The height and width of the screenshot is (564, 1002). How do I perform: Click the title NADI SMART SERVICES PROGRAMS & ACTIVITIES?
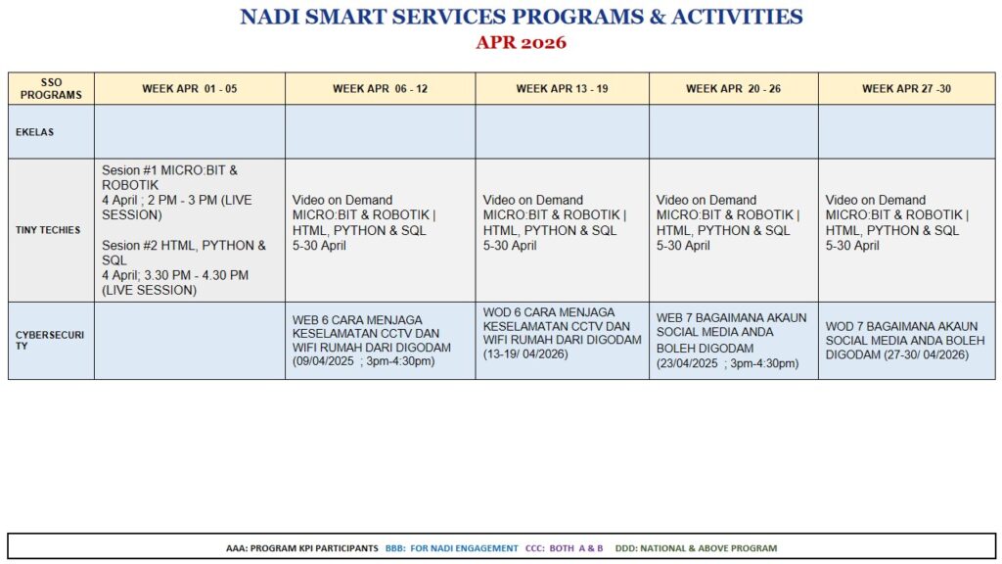click(521, 17)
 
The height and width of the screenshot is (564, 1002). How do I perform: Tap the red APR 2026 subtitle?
click(521, 43)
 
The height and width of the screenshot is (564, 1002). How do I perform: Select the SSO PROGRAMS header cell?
click(51, 89)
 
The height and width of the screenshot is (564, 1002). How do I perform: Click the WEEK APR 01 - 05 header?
click(189, 89)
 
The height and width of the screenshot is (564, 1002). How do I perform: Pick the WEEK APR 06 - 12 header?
click(381, 89)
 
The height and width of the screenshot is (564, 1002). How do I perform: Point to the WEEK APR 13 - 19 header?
click(563, 89)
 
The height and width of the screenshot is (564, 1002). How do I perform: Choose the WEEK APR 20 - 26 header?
click(734, 89)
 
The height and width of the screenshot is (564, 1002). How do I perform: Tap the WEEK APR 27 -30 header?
click(906, 89)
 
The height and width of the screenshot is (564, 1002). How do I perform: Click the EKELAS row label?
click(34, 132)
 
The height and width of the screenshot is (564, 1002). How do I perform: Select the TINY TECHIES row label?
click(48, 230)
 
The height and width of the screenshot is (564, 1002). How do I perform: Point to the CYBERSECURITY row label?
click(49, 340)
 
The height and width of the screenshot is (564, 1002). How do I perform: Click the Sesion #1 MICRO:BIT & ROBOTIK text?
click(169, 178)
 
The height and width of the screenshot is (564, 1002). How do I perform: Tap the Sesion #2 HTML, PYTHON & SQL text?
click(184, 253)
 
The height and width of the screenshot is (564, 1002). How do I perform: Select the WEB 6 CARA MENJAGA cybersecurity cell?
click(371, 340)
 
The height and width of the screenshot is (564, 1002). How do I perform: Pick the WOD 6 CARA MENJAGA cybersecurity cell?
click(562, 333)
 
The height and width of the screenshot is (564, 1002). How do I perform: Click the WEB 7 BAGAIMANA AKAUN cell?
click(731, 340)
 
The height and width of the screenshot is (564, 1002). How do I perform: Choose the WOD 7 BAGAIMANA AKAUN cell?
click(905, 340)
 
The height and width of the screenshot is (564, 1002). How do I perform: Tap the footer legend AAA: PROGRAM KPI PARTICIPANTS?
click(301, 548)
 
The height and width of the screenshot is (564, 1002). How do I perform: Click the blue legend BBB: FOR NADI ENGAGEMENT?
click(451, 548)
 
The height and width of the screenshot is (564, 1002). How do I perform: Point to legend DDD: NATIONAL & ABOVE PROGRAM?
click(696, 548)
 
